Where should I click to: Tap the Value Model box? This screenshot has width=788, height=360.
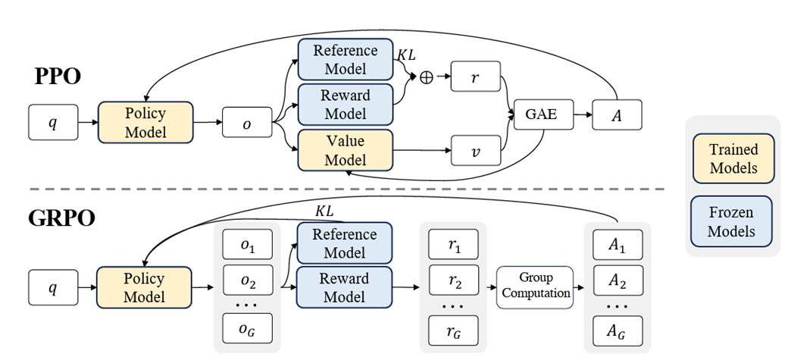point(345,150)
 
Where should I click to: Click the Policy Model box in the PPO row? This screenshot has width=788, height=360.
point(145,121)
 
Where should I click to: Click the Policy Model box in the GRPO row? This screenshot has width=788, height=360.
point(145,287)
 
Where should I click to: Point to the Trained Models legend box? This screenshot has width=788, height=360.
point(733,158)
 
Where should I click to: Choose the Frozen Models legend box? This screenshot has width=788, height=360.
point(733,220)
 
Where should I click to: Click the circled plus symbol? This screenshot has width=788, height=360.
point(426,78)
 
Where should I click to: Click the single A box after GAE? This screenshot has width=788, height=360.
point(618,115)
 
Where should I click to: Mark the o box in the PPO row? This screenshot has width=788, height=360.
point(246,122)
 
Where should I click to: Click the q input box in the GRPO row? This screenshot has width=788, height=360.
point(53,287)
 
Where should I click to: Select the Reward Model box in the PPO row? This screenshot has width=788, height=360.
point(345,105)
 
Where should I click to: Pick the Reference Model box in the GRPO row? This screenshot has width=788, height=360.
point(345,243)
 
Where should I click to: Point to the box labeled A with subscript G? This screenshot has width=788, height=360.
point(618,331)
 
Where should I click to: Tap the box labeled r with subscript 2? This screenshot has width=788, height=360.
point(453,281)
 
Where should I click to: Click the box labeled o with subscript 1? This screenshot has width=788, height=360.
point(247,246)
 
